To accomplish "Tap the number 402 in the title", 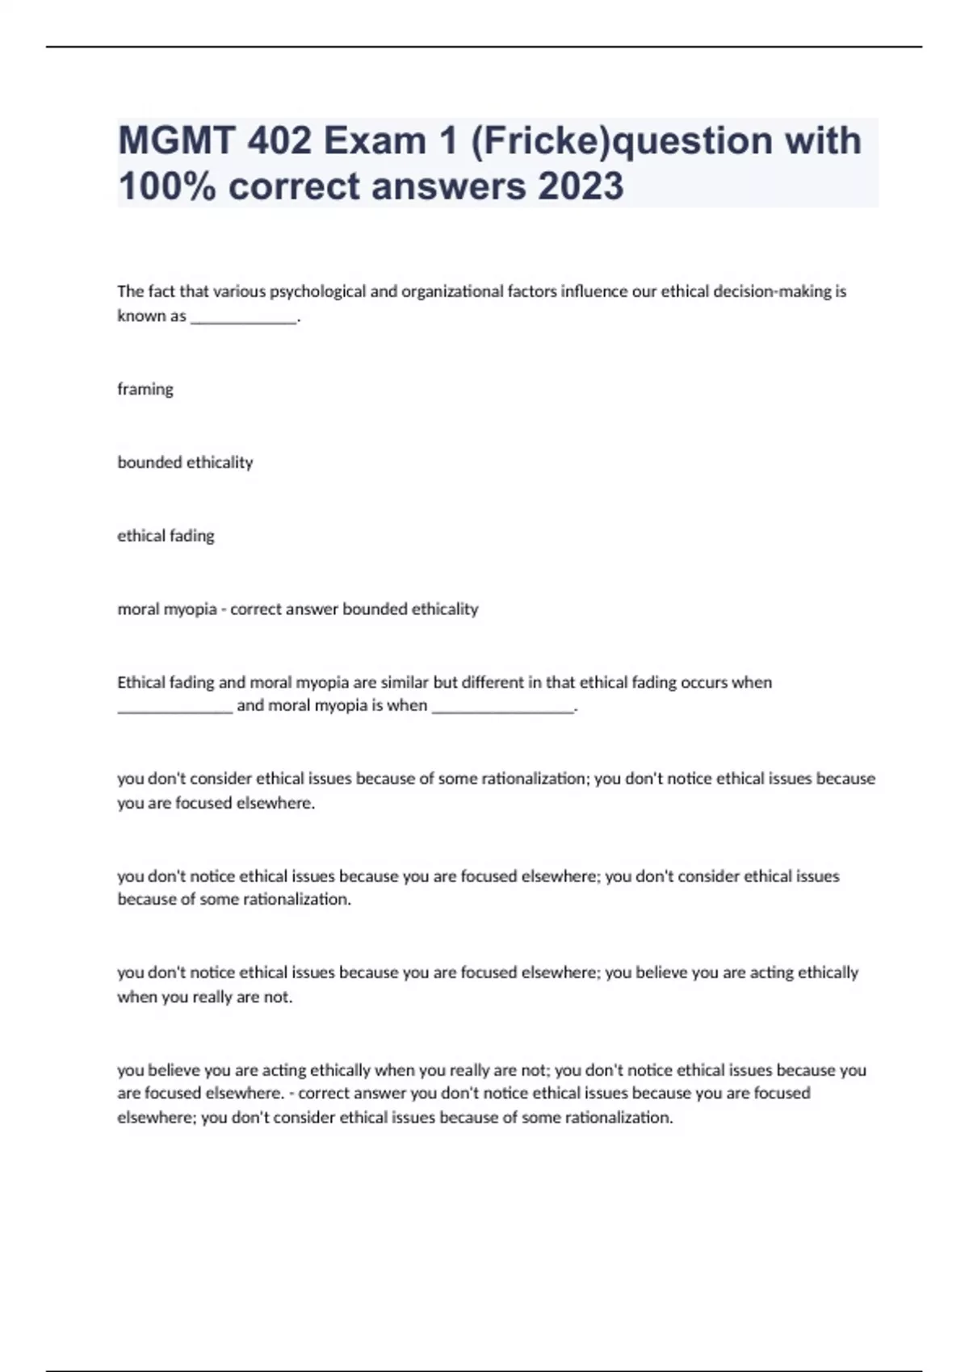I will (x=279, y=141).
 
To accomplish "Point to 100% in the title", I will (x=166, y=186).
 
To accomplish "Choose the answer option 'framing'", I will (x=145, y=389).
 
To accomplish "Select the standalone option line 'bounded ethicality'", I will (x=185, y=462).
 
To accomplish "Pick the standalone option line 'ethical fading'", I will (x=166, y=536).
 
